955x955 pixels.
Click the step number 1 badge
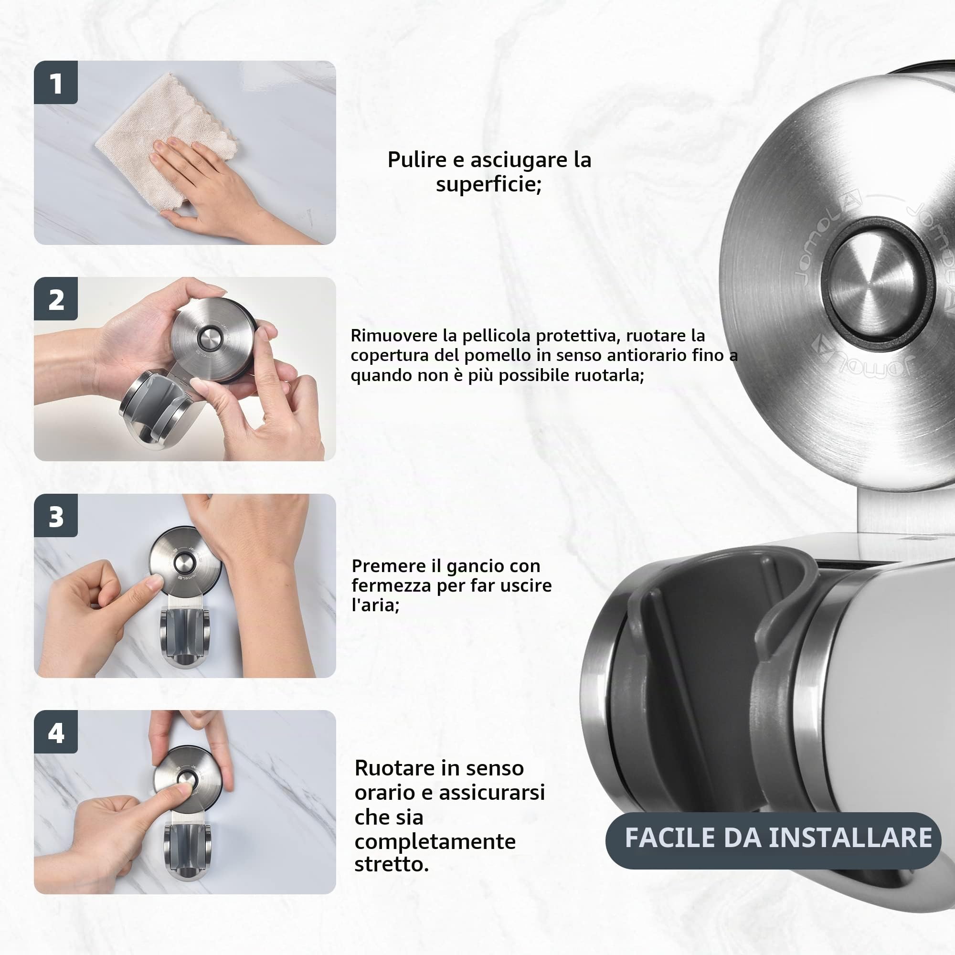click(56, 83)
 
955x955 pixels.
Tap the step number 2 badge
click(56, 298)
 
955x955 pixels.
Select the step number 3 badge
click(56, 516)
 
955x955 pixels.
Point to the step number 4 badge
click(56, 732)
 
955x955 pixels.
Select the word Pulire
click(417, 160)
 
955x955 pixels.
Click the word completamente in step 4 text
click(435, 842)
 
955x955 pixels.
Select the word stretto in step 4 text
click(391, 865)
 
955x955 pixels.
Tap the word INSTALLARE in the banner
click(850, 838)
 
